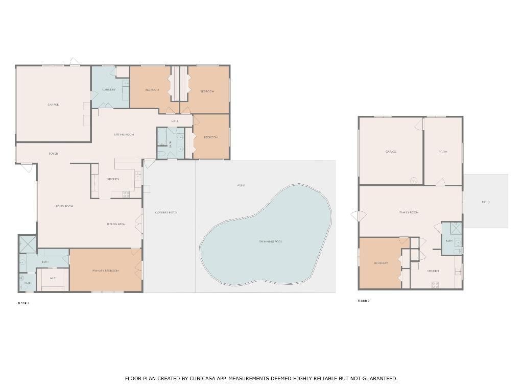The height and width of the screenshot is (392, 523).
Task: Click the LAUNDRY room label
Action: coord(109,90)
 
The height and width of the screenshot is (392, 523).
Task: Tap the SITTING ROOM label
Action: coord(124,135)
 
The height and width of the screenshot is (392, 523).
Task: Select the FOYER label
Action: coord(53,154)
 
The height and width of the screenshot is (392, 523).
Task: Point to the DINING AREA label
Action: coord(116,224)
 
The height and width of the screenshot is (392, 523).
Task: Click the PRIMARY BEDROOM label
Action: coord(105,271)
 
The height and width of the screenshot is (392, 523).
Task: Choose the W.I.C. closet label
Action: coord(53,278)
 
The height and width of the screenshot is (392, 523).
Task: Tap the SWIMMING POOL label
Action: coord(270,241)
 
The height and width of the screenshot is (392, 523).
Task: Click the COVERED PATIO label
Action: coord(165,212)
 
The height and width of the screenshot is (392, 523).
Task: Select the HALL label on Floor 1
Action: coord(175,121)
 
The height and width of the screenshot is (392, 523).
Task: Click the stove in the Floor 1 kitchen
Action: coord(126,194)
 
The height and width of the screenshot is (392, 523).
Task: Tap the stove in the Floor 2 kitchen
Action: coord(435,285)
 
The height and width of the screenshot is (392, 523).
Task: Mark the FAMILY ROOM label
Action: coord(409,212)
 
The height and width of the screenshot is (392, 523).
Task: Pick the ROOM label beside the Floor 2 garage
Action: coord(442,152)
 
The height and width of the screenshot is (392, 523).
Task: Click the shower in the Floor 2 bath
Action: coord(456,228)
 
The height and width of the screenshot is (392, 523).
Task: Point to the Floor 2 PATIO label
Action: coord(485,202)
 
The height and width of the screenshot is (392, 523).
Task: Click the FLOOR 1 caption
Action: coord(23,303)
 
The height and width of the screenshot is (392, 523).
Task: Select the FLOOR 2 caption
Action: coord(364,301)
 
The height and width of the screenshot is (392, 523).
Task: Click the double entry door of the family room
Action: coord(356,216)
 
